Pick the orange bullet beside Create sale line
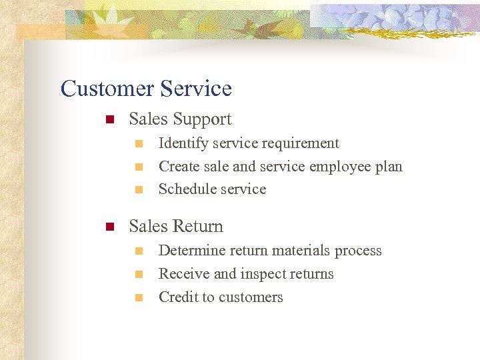click(139, 167)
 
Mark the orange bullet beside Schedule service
click(139, 190)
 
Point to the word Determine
click(189, 251)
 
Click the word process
click(358, 251)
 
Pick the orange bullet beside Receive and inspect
click(139, 275)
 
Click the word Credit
click(178, 297)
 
